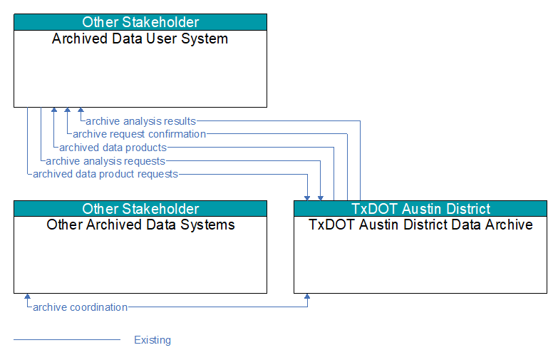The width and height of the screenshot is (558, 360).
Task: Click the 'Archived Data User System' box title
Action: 140,38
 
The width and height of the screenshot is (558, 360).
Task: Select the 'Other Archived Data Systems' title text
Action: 140,225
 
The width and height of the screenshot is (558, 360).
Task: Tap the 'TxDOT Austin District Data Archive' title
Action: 420,225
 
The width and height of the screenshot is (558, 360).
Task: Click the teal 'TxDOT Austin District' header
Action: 420,209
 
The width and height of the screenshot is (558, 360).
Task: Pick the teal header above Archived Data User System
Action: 140,22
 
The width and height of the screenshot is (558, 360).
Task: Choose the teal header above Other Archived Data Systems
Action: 140,209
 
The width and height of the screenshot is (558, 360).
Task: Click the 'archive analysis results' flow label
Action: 140,121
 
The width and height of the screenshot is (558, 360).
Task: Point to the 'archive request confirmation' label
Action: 139,134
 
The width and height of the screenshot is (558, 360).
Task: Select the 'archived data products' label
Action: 113,148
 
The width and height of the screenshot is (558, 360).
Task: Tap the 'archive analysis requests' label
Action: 105,161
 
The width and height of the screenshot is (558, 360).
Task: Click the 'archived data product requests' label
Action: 105,174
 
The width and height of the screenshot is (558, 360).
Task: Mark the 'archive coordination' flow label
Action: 80,307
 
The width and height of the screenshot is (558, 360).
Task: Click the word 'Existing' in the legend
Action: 153,340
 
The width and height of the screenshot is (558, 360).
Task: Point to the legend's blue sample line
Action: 67,340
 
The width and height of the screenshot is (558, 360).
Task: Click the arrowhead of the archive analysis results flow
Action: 81,110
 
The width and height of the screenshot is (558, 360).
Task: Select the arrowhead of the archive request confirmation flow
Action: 67,110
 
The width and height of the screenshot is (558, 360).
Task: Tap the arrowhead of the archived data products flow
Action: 54,110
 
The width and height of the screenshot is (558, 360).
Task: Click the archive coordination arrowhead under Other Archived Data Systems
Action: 27,297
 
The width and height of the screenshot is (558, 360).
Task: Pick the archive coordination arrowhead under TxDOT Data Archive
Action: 307,297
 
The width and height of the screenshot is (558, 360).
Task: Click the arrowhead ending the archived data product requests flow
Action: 307,198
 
